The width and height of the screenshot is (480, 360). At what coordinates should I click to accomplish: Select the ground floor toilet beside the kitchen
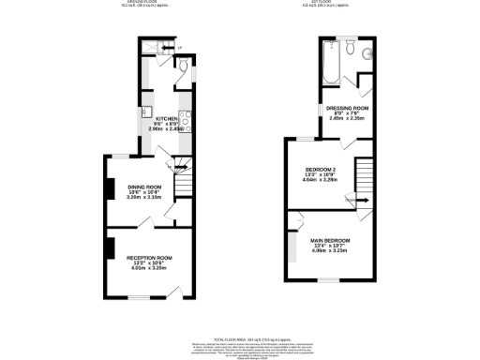(x=183, y=66)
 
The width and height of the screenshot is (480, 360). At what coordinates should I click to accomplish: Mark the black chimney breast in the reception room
(x=110, y=247)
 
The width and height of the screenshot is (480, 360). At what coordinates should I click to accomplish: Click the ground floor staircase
(x=183, y=175)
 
